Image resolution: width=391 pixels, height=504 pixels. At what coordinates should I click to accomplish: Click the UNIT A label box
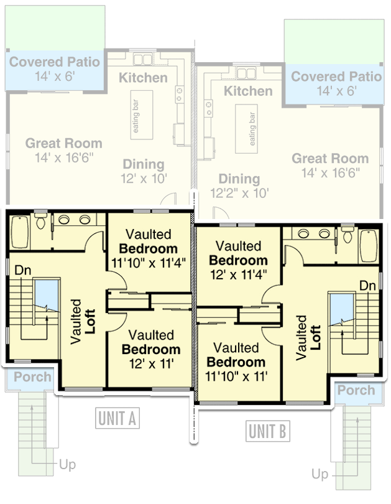[x=117, y=419]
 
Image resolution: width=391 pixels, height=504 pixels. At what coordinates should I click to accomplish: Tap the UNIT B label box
[x=267, y=431]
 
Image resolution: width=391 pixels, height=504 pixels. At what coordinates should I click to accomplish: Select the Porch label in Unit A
[x=33, y=377]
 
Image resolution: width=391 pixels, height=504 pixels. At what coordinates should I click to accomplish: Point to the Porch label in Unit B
[x=356, y=390]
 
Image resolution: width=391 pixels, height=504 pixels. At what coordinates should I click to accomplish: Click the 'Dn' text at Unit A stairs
[x=22, y=271]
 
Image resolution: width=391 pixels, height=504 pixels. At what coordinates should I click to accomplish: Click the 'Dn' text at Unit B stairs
[x=367, y=285]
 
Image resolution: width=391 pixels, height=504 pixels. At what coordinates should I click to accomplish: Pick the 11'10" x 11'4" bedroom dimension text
[x=149, y=262]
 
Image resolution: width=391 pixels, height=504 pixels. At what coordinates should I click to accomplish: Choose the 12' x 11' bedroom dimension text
[x=151, y=363]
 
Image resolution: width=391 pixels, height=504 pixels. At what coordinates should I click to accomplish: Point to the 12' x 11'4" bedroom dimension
[x=238, y=274]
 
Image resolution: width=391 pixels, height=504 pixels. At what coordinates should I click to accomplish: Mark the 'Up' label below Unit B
[x=320, y=475]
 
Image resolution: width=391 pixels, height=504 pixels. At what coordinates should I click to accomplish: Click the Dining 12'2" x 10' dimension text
[x=239, y=193]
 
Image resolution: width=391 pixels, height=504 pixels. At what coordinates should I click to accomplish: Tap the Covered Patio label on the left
[x=54, y=62]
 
